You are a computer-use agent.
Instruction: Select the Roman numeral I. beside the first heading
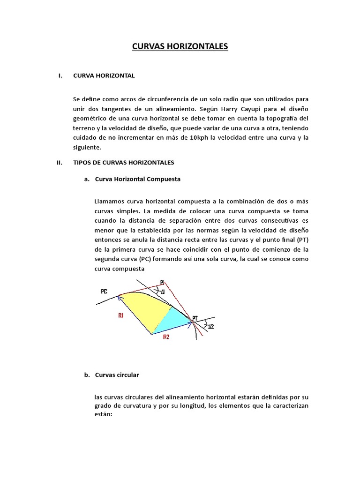click(60, 75)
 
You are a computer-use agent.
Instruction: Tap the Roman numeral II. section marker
click(60, 163)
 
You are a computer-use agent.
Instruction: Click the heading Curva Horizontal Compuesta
click(137, 179)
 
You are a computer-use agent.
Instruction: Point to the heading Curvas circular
click(117, 375)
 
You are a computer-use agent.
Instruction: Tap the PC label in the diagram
click(105, 291)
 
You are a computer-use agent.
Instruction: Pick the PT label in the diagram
click(195, 318)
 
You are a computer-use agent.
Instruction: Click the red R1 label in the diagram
click(121, 316)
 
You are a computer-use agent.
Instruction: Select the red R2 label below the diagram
click(166, 337)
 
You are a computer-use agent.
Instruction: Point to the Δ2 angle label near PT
click(211, 326)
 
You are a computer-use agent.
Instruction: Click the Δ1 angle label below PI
click(162, 292)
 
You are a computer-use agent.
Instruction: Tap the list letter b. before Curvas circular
click(87, 375)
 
